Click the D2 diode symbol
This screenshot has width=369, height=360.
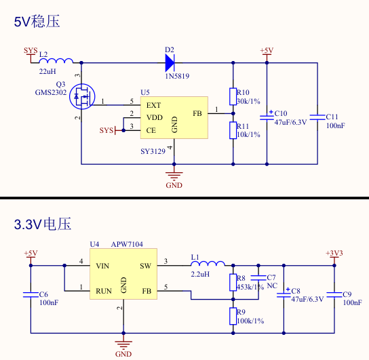[170, 63]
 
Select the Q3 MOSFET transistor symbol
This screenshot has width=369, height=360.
[82, 96]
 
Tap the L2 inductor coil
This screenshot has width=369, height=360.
[56, 60]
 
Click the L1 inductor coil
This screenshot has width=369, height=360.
[208, 263]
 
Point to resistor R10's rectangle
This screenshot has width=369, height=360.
[233, 96]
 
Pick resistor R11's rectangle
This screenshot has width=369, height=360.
[233, 130]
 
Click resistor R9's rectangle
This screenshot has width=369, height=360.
[233, 316]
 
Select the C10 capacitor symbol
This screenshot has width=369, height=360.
[267, 117]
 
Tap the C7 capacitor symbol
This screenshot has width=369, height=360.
[258, 278]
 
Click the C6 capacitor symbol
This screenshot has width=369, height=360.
[31, 295]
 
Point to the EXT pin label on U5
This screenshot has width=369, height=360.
[153, 105]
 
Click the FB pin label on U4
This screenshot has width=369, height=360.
[147, 291]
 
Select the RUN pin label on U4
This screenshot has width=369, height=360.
[104, 291]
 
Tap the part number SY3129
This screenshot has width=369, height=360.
[153, 151]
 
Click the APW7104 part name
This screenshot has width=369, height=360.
[127, 244]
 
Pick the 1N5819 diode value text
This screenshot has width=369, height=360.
[177, 76]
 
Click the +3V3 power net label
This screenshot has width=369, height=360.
[334, 253]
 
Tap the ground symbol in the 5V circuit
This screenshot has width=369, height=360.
[174, 175]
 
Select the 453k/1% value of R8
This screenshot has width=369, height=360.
[250, 287]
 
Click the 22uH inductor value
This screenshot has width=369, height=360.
[47, 71]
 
